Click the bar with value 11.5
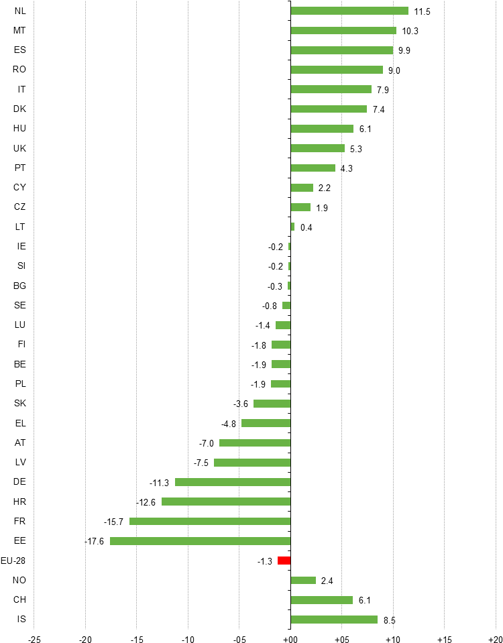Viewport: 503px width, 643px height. click(349, 11)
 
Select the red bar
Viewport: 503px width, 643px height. click(284, 561)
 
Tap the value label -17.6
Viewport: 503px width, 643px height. click(94, 541)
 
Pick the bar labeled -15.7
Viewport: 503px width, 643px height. click(210, 521)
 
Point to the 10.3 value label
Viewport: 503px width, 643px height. click(410, 31)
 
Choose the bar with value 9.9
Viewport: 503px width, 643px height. click(342, 50)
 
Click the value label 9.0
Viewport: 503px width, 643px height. click(394, 70)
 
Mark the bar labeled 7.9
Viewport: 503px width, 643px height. click(331, 89)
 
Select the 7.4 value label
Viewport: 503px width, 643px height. click(379, 109)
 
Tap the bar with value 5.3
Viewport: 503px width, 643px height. click(318, 148)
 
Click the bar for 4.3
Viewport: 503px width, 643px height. click(313, 168)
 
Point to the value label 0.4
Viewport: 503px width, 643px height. click(306, 227)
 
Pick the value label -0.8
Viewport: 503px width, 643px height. click(270, 306)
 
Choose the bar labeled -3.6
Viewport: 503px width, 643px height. click(272, 404)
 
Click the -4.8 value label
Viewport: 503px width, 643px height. click(229, 424)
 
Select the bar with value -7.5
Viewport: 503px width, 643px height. click(252, 463)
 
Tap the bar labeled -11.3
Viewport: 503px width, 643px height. click(233, 482)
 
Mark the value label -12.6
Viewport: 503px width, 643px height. click(146, 502)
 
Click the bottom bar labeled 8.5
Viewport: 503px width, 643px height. click(334, 620)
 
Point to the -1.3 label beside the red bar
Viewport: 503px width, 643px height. click(265, 561)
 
